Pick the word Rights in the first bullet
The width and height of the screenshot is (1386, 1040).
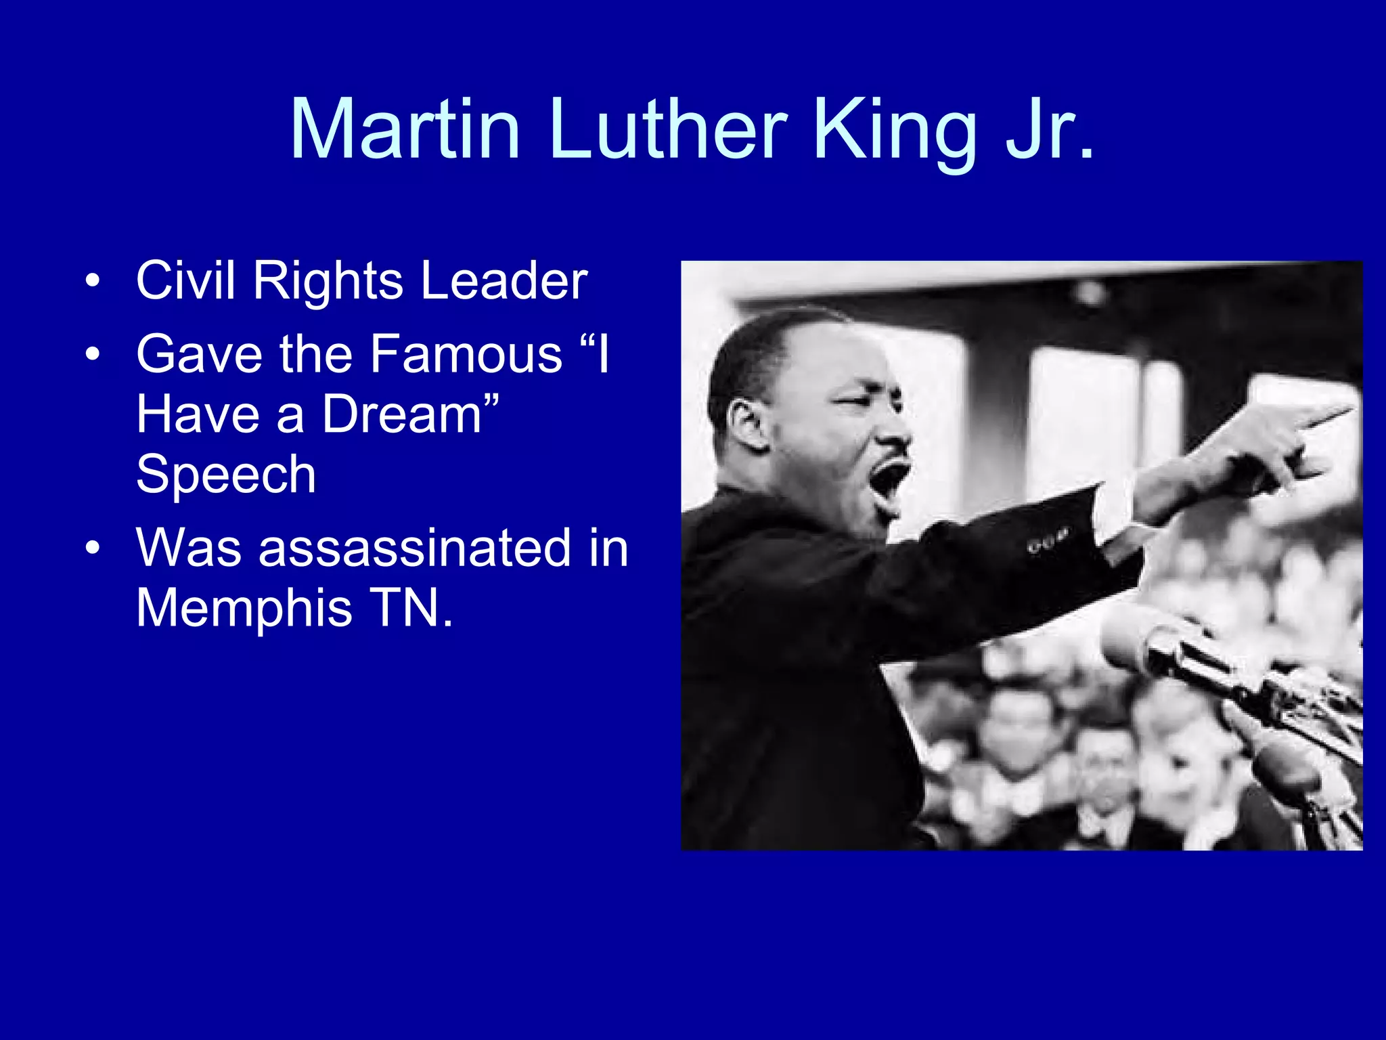[328, 282]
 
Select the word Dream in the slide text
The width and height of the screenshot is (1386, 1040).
[402, 414]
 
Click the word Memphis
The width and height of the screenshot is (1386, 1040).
[244, 608]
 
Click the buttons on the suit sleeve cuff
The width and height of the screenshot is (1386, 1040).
[1048, 542]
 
